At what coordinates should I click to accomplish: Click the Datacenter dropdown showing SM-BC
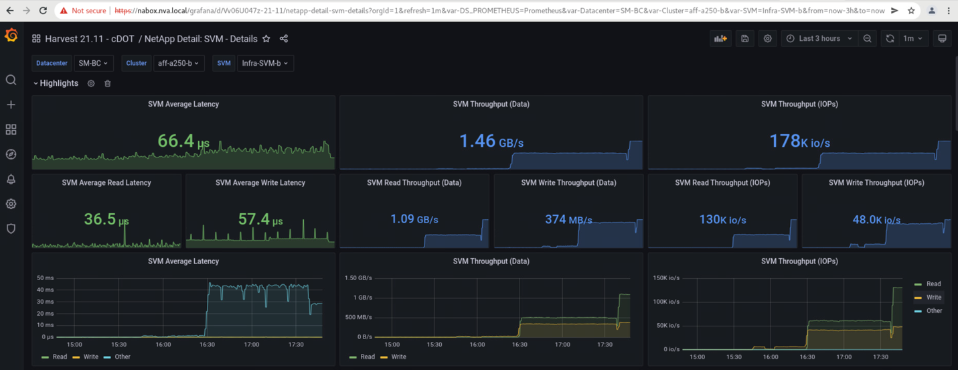tap(93, 63)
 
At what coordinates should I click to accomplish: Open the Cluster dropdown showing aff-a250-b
tap(178, 63)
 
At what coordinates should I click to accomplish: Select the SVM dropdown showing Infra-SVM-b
tap(265, 63)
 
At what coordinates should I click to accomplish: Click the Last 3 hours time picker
tap(819, 39)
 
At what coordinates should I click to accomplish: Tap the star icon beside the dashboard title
tap(266, 39)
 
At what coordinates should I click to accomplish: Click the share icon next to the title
tap(284, 39)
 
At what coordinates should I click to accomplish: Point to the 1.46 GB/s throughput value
tap(491, 141)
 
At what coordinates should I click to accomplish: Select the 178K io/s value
tap(799, 141)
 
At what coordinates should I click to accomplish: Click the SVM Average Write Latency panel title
tap(260, 182)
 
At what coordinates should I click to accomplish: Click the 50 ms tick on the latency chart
tap(45, 277)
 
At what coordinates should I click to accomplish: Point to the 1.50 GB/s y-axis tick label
tap(358, 277)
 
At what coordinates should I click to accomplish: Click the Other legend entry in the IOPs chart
tap(934, 311)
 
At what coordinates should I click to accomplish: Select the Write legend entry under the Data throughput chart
tap(398, 357)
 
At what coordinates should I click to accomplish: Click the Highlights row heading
tap(59, 83)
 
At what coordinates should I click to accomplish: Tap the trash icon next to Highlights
tap(108, 84)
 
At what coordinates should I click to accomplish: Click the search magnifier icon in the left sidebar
tap(11, 80)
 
